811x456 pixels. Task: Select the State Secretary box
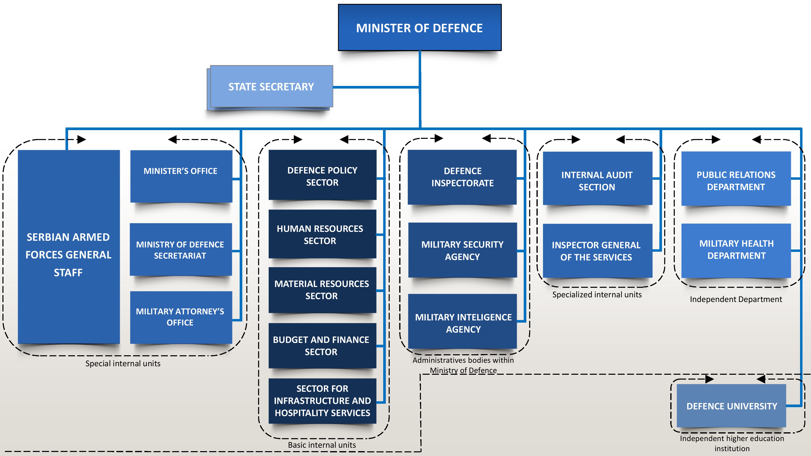[271, 87]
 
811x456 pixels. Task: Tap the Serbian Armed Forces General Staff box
[69, 247]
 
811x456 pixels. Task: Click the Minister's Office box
[181, 176]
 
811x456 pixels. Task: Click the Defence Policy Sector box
[322, 175]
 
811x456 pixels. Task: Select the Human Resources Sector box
[322, 234]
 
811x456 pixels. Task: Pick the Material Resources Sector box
[322, 290]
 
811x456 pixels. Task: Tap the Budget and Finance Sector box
[322, 346]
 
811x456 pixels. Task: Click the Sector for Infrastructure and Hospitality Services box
[322, 401]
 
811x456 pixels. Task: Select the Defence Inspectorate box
[462, 177]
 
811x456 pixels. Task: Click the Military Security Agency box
[462, 250]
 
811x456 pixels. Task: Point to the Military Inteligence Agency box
[462, 321]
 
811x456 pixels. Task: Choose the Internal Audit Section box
[598, 178]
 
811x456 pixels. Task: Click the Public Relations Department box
[736, 179]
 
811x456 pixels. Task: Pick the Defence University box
[731, 406]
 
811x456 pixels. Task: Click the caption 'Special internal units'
[123, 363]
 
